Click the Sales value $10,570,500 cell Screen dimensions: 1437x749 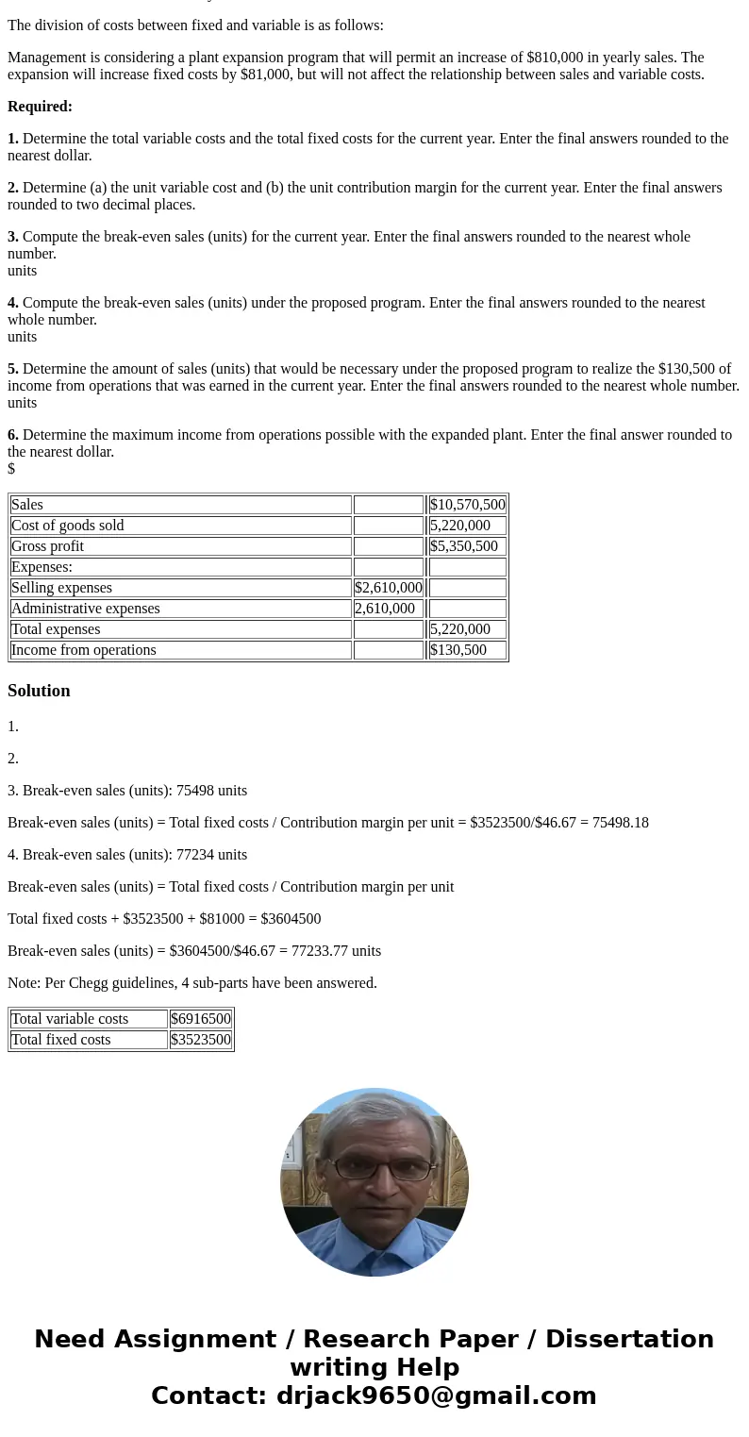tap(467, 505)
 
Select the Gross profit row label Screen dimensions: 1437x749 tap(47, 546)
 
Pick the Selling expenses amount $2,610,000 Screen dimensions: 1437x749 tap(388, 588)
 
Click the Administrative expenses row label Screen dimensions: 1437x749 tap(85, 609)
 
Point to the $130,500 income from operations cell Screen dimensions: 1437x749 tap(458, 650)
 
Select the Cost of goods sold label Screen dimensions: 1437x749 tap(67, 526)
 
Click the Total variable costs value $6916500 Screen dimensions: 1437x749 tap(200, 1019)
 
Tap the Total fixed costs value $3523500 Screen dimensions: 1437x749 tap(200, 1040)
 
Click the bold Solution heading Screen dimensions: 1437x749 tap(39, 691)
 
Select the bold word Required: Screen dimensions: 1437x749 tap(40, 107)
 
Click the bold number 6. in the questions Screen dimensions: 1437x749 tap(13, 435)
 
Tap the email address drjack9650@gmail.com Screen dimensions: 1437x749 tap(436, 1395)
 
